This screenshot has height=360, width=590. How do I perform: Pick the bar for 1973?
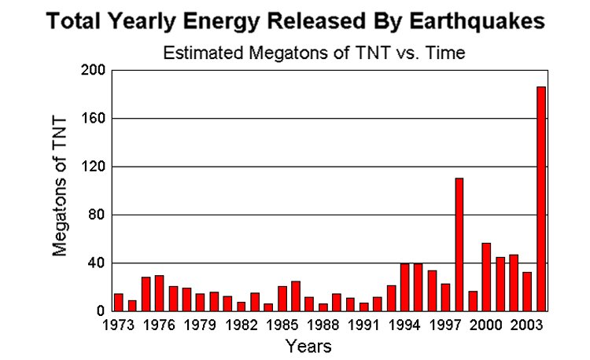[x=119, y=302]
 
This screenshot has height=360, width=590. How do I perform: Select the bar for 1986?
[x=296, y=296]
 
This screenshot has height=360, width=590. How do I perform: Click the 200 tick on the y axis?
[x=92, y=71]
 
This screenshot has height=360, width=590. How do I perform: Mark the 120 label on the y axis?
[x=92, y=167]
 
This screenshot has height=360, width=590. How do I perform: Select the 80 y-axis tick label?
[x=95, y=215]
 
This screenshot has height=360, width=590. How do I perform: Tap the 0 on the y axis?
[x=100, y=310]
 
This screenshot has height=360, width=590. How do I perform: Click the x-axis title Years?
[x=308, y=346]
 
